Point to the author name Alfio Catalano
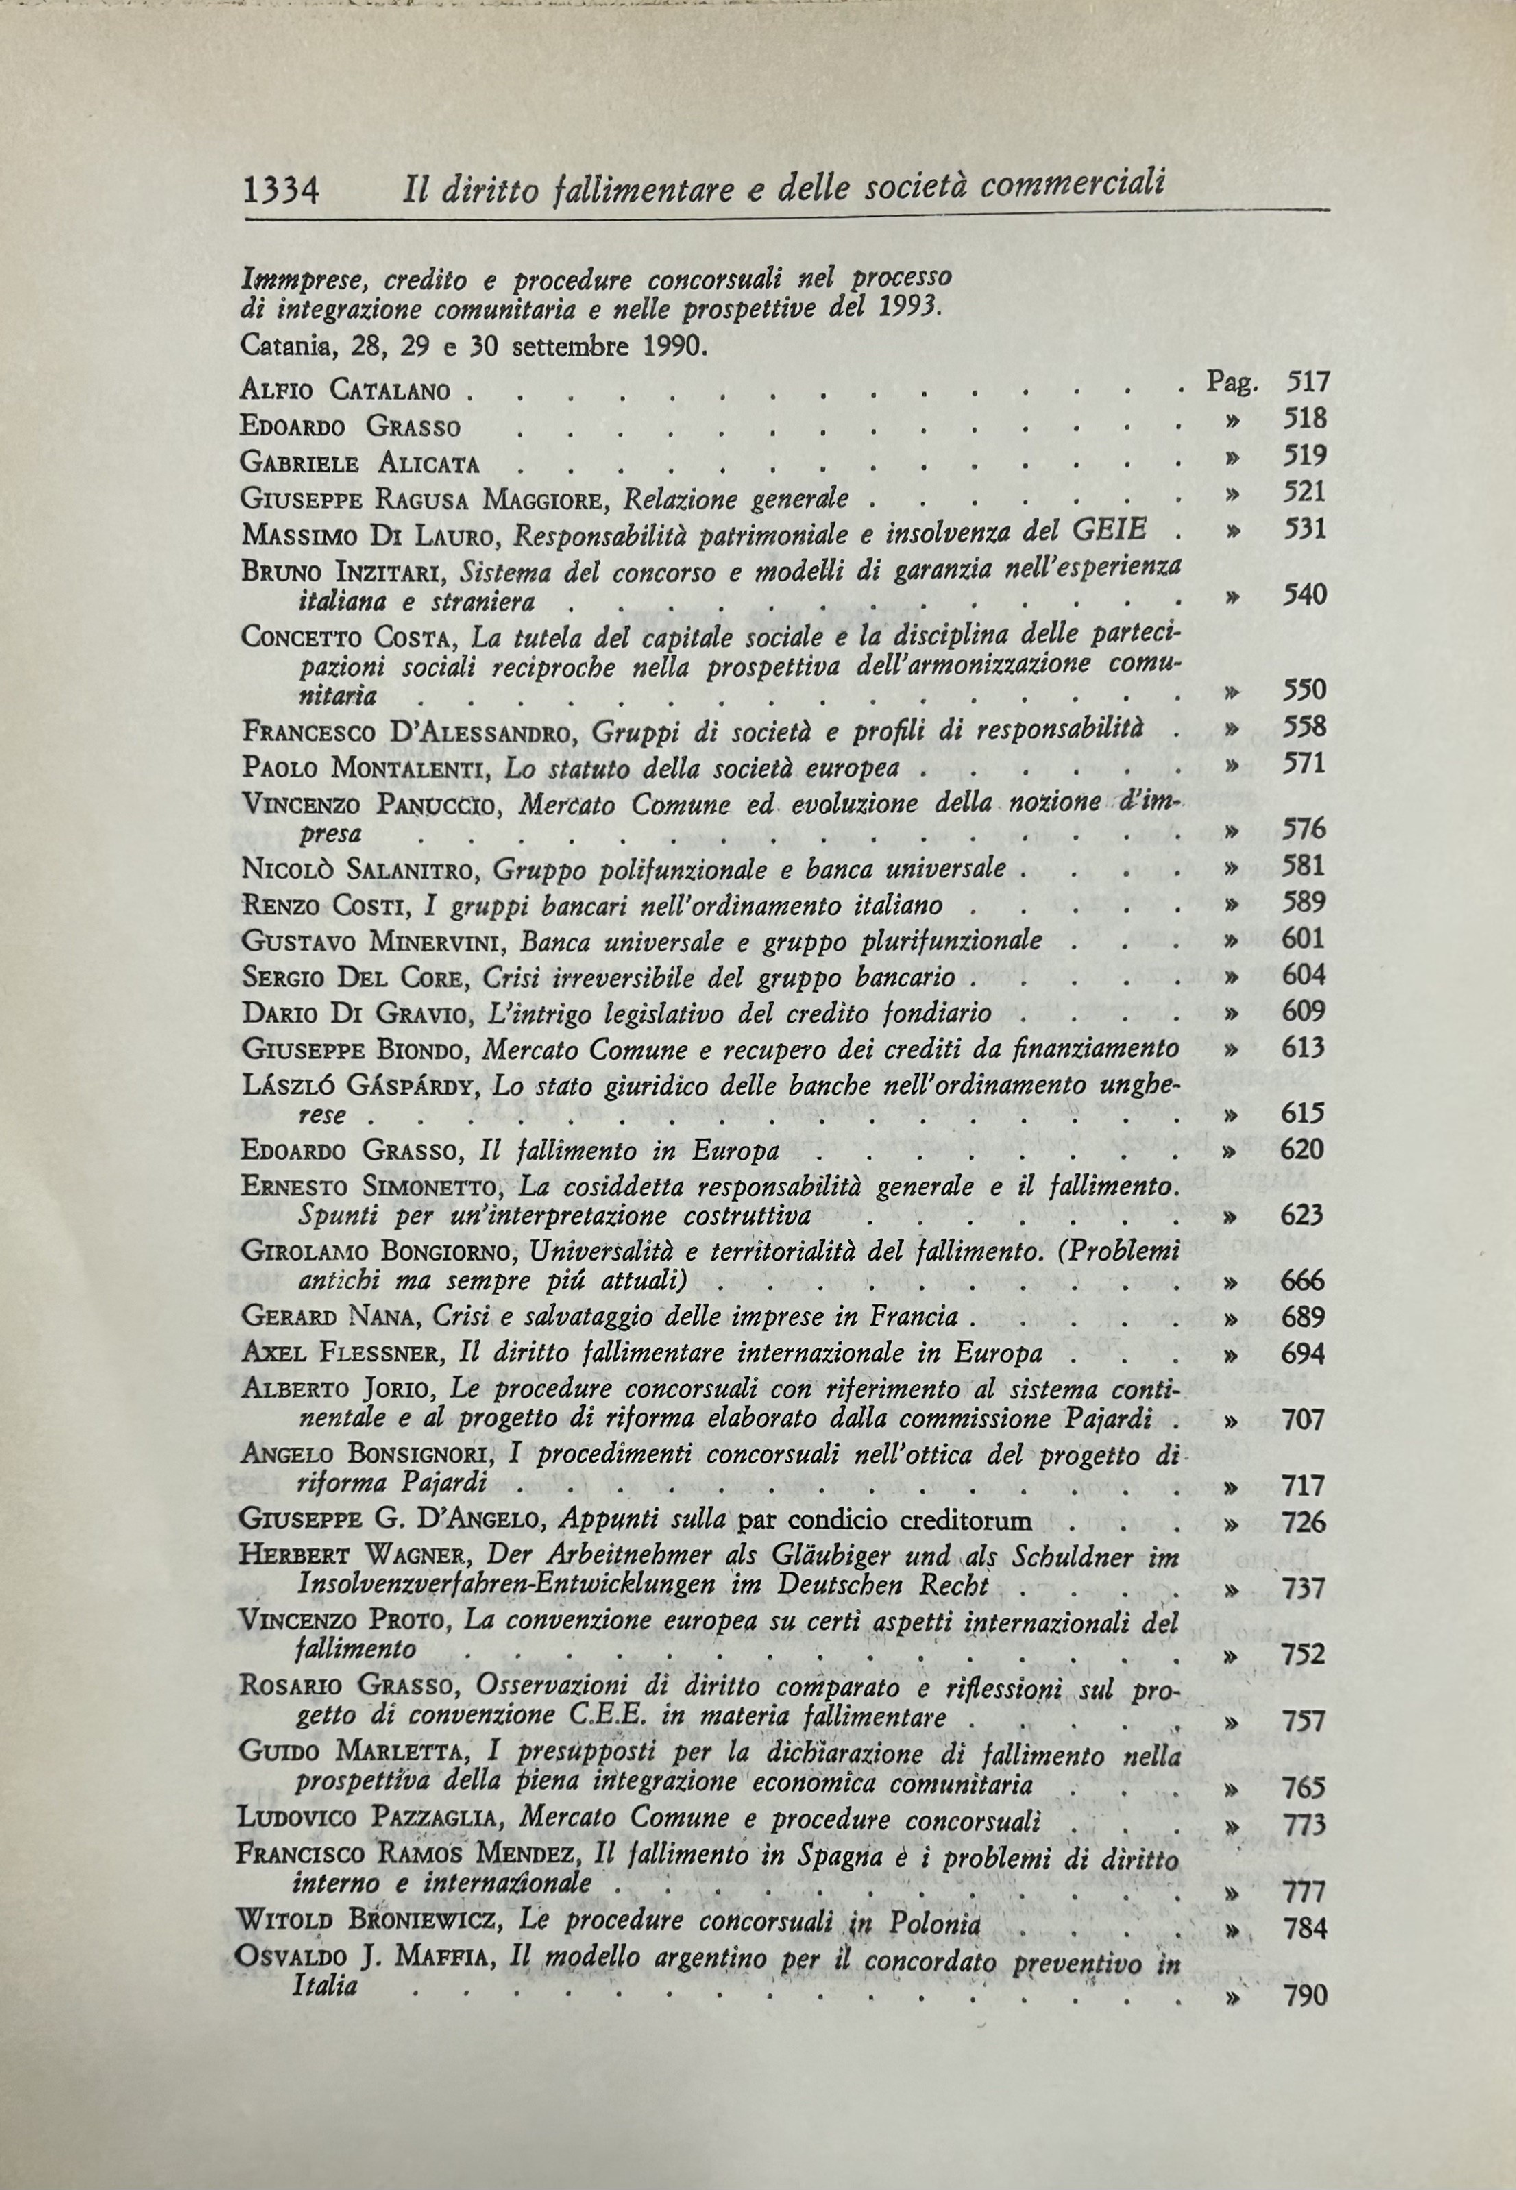point(345,389)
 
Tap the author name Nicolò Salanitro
point(363,868)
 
